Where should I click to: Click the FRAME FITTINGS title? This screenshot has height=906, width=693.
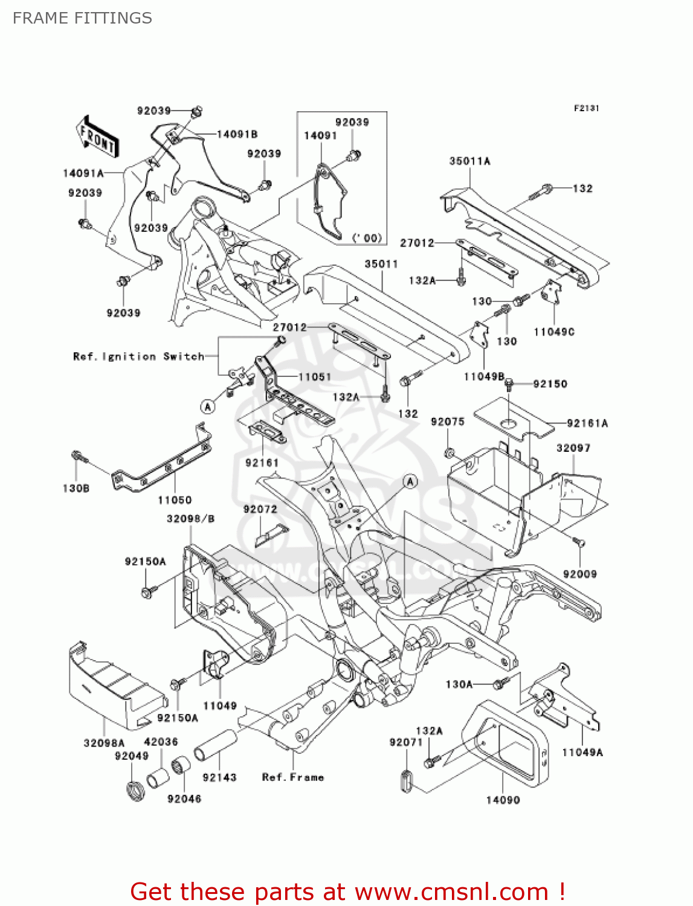pyautogui.click(x=82, y=18)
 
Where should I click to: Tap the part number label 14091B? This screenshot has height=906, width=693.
pyautogui.click(x=237, y=134)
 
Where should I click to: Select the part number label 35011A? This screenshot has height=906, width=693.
pyautogui.click(x=469, y=161)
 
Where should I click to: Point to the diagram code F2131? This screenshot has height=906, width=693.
pyautogui.click(x=586, y=108)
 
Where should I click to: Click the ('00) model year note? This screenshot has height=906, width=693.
pyautogui.click(x=367, y=238)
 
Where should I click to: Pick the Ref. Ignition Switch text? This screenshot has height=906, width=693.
pyautogui.click(x=138, y=356)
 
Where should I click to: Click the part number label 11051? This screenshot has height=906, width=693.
pyautogui.click(x=315, y=377)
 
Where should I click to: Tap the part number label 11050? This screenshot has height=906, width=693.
pyautogui.click(x=175, y=500)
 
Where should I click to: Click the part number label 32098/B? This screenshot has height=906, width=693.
pyautogui.click(x=190, y=519)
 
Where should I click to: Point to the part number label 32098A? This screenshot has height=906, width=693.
pyautogui.click(x=104, y=743)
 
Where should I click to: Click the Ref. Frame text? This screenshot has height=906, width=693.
pyautogui.click(x=293, y=777)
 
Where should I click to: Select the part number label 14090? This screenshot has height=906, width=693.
pyautogui.click(x=503, y=800)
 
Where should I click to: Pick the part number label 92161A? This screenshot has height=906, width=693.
pyautogui.click(x=587, y=423)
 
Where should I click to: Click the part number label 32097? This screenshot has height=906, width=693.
pyautogui.click(x=573, y=448)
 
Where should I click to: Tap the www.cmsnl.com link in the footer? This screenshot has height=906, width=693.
pyautogui.click(x=451, y=892)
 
